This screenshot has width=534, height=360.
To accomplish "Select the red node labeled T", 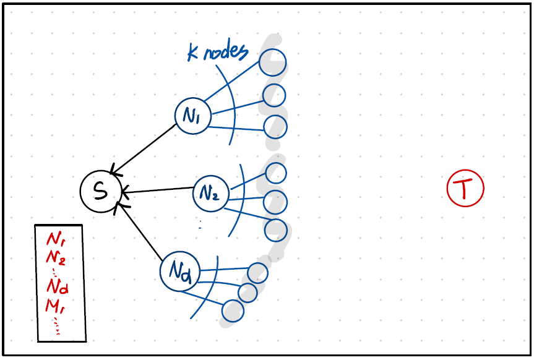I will point(465,188).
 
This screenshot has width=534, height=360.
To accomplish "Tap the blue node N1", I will point(192,116).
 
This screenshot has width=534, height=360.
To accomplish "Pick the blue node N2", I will point(211,194).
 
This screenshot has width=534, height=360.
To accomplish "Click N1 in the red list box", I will point(56,239).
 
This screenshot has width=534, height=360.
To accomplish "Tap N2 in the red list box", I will point(56,256).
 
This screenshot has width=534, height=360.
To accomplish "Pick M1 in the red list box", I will point(56,304).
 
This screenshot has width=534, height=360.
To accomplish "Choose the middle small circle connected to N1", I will point(274,95).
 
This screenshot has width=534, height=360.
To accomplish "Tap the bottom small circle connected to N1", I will point(275,127).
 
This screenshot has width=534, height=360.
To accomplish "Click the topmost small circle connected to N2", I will point(275,172).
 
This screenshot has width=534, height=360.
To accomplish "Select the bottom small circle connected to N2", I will point(275,230).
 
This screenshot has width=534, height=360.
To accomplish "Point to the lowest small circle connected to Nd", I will point(233,311).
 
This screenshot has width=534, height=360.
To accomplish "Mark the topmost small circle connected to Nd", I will point(257,273).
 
